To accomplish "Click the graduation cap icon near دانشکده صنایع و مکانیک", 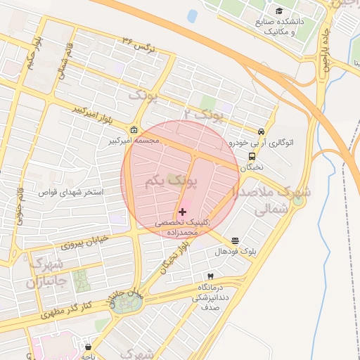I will pos(280,11).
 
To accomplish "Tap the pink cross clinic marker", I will pos(183,212).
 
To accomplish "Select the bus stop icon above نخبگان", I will pos(252,157).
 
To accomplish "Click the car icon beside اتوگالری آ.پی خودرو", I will pos(261,131).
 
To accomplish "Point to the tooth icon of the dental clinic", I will pos(209,276).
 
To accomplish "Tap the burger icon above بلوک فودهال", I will pos(235,240).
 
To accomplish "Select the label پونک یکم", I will pos(172,182).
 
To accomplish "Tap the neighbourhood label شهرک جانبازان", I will pos(46,274).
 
